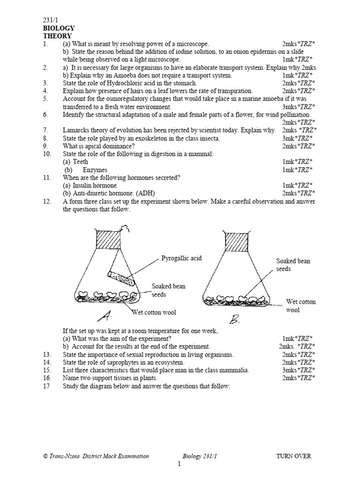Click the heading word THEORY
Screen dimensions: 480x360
tap(57, 36)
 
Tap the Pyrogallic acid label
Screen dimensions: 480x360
tap(181, 258)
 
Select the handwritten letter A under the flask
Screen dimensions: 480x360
tap(105, 316)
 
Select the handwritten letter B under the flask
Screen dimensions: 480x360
tap(234, 320)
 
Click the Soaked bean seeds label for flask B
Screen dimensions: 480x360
tap(293, 265)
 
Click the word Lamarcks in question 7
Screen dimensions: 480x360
tap(77, 130)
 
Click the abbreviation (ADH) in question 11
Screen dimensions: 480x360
tap(144, 193)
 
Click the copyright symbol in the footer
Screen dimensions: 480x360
tap(45, 456)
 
